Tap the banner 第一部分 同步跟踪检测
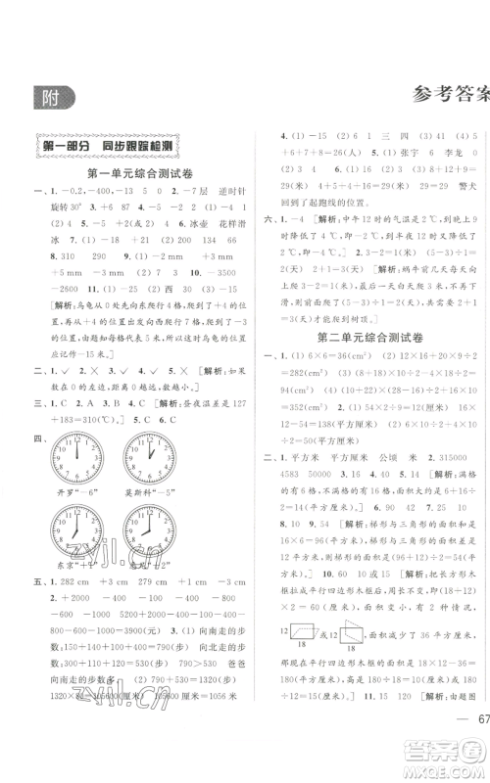point(92,146)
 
